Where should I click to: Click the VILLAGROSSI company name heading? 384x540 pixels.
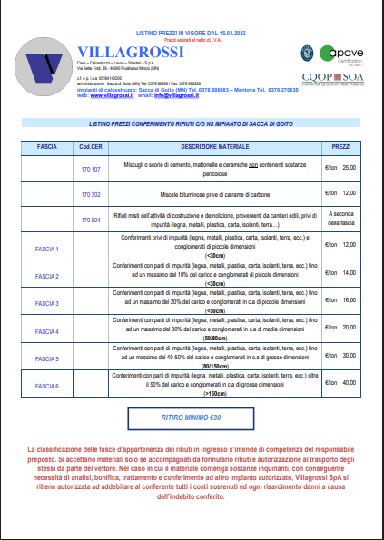pyautogui.click(x=131, y=51)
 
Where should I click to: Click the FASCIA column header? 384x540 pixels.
pyautogui.click(x=46, y=146)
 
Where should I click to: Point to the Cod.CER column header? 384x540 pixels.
pyautogui.click(x=91, y=146)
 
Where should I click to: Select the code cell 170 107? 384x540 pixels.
pyautogui.click(x=91, y=169)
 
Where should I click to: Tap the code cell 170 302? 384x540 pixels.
pyautogui.click(x=91, y=195)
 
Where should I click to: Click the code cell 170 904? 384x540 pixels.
pyautogui.click(x=91, y=220)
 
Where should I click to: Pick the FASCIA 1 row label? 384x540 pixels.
pyautogui.click(x=46, y=249)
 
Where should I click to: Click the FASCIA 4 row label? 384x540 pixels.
pyautogui.click(x=46, y=331)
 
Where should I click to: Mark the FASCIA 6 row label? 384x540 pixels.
pyautogui.click(x=46, y=386)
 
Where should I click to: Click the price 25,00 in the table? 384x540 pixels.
pyautogui.click(x=349, y=168)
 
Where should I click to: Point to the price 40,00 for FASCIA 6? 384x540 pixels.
pyautogui.click(x=349, y=382)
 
